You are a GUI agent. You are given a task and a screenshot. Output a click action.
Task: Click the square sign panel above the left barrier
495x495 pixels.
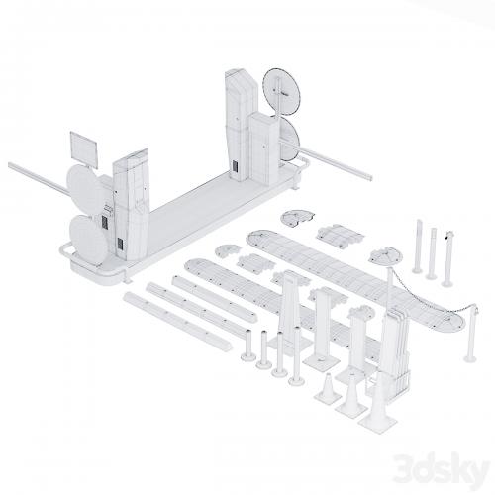[84, 149]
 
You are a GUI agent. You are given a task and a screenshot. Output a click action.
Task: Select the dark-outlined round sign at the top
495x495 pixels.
[282, 92]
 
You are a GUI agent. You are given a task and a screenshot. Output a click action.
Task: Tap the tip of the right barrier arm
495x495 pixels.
[370, 178]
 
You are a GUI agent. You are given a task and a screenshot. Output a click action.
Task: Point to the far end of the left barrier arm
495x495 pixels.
[10, 164]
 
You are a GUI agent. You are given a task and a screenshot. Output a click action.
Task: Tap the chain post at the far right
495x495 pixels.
[471, 334]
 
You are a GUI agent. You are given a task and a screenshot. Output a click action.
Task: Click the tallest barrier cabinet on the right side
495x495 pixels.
[241, 125]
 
